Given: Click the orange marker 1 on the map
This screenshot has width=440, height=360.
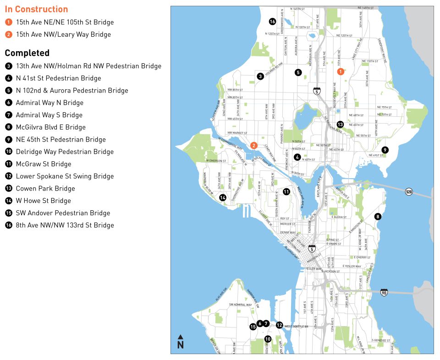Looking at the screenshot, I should pos(341,71).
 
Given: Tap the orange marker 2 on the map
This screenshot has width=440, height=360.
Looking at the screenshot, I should pos(253,146).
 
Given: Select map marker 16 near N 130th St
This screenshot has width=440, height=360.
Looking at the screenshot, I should pos(272,22).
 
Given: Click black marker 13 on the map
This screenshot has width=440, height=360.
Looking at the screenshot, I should pos(340,125).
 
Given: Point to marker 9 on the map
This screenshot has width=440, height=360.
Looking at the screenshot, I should pos(385,150).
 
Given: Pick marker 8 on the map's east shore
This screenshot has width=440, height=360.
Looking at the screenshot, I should pos(378,217).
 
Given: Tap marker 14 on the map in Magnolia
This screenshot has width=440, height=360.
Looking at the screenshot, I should pos(223,198).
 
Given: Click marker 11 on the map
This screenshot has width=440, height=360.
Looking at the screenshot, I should pos(286,192).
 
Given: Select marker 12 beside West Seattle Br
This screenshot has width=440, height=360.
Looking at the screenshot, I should pos(279,325).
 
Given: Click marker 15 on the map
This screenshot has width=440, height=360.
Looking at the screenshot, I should pos(253,327).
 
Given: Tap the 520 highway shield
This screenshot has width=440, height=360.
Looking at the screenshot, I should pos(409,191).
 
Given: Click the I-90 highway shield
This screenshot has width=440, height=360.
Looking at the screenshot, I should pos(384,292).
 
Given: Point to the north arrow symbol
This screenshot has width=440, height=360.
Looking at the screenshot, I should pos(181,342).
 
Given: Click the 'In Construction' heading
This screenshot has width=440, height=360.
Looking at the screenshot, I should pos(36,9).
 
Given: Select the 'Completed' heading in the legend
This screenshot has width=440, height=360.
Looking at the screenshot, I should pos(27,53).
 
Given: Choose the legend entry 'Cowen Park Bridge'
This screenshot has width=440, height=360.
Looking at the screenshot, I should pos(45,189).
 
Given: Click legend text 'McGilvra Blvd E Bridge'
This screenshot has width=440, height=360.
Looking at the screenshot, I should pos(50,127).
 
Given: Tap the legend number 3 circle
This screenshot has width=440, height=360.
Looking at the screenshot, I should pos(9,66).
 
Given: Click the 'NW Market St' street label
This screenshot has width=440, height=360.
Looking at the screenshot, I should pos(237,133).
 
